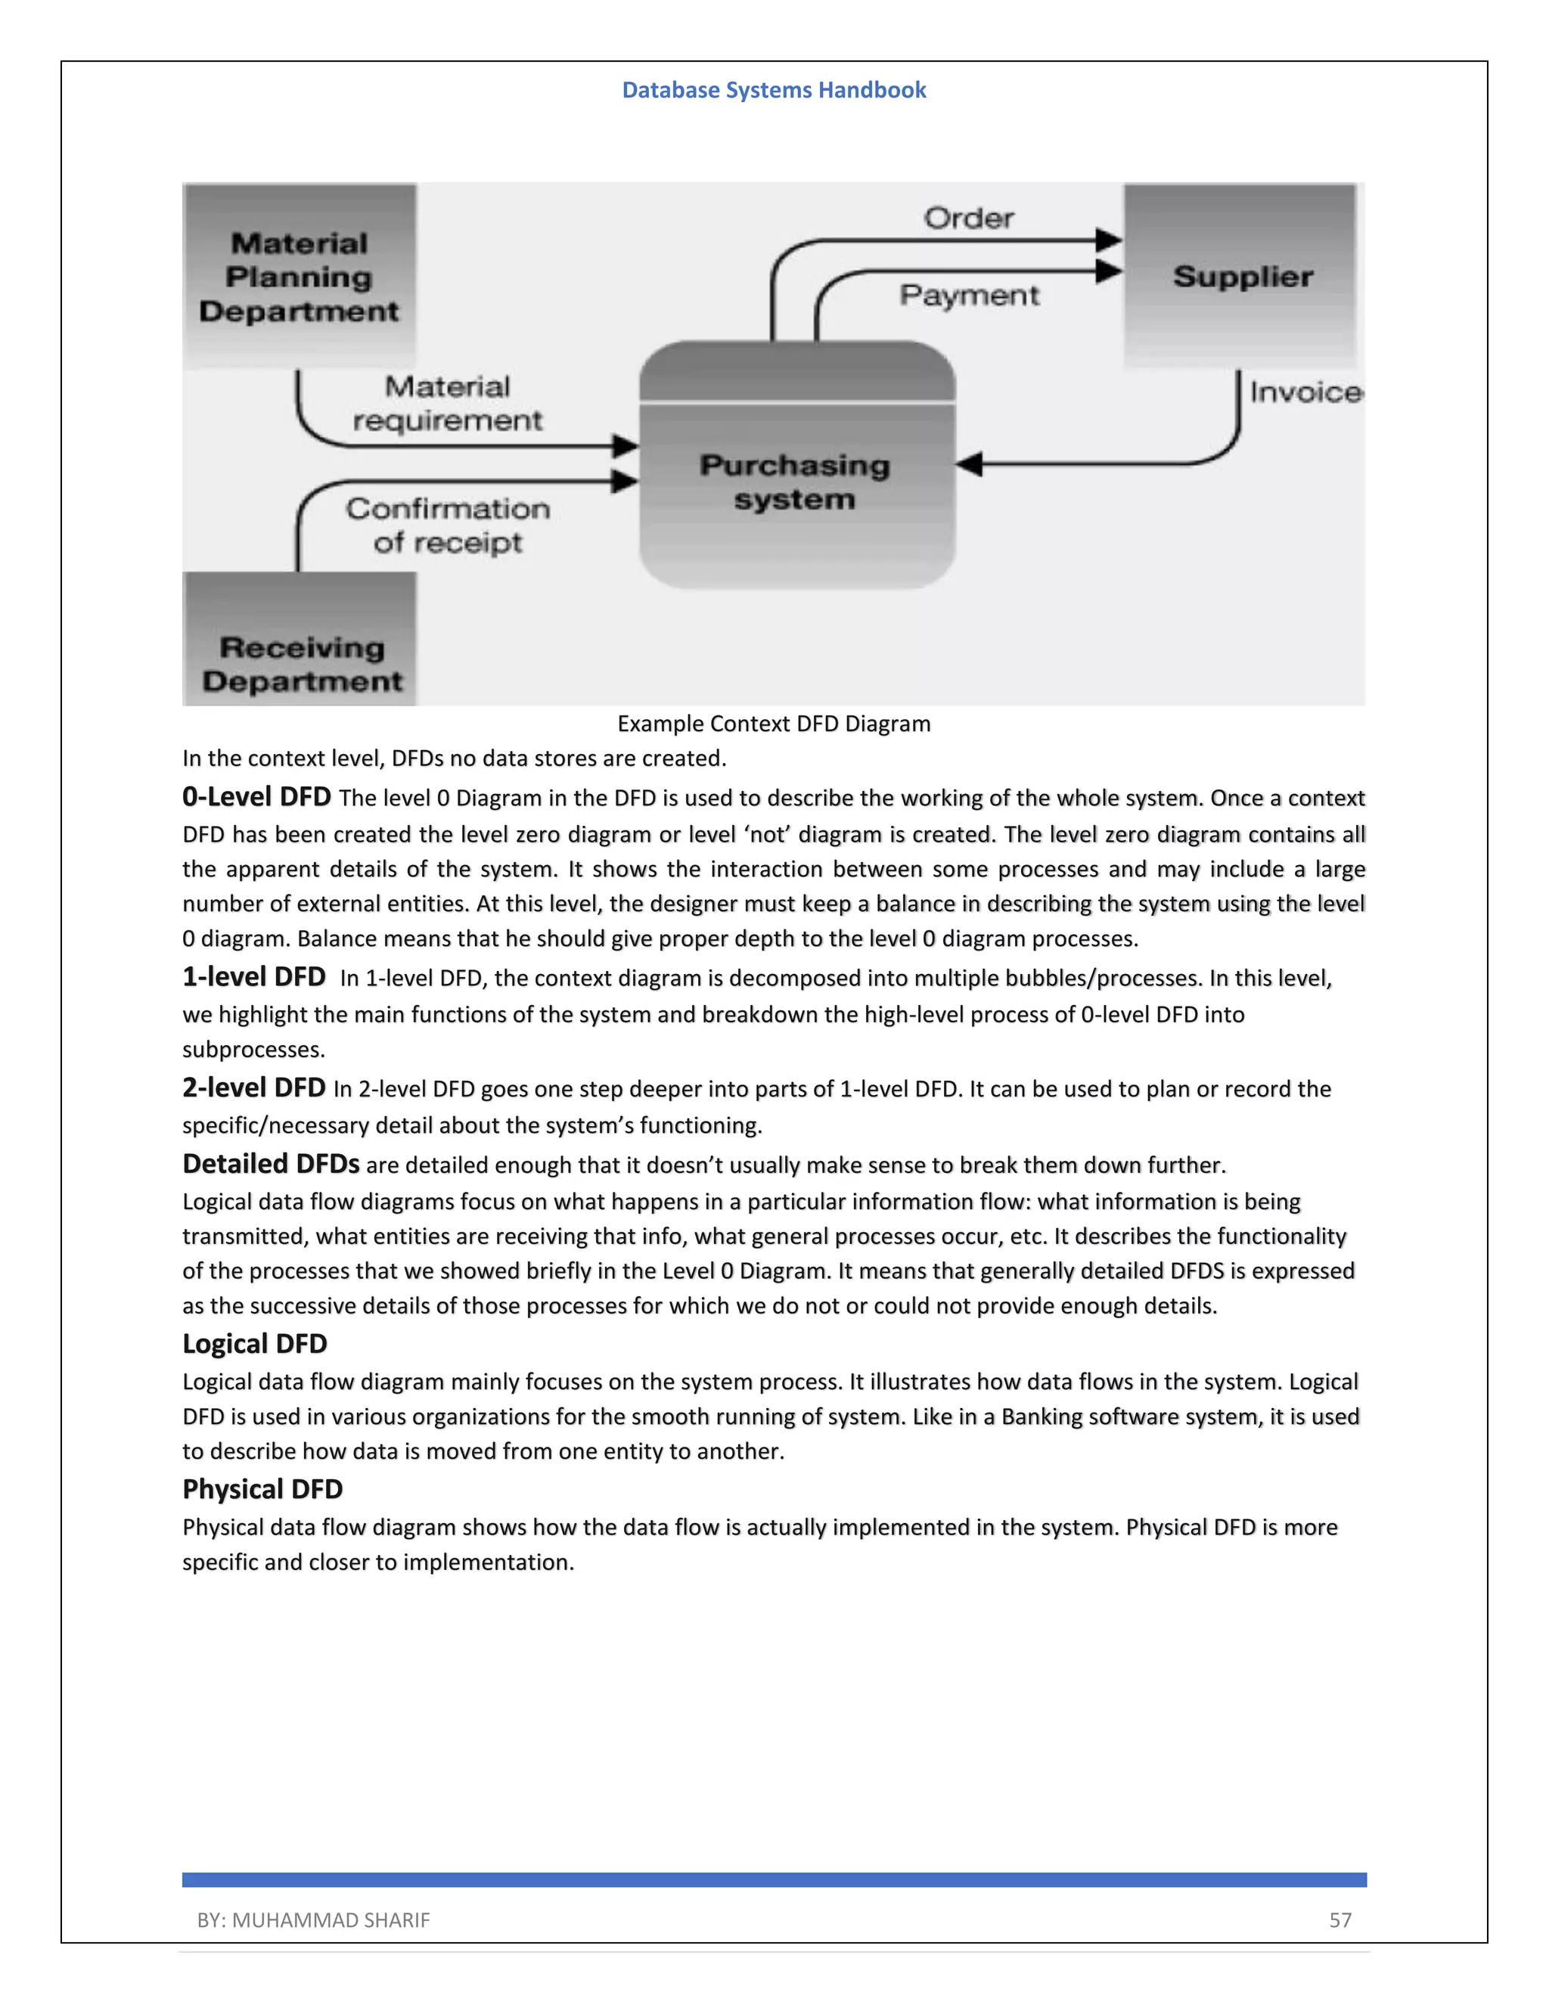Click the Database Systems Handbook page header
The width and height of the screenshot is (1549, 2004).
click(774, 90)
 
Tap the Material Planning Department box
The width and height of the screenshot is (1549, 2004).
click(300, 276)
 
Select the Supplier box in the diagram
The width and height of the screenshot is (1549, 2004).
click(1240, 276)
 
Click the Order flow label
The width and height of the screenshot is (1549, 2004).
click(968, 219)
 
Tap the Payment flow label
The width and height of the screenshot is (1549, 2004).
click(969, 296)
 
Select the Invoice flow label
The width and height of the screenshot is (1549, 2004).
click(1305, 392)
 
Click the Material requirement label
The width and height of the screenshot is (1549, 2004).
click(447, 404)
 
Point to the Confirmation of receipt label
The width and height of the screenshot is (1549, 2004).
click(447, 525)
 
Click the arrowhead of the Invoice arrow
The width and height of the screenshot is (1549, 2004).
click(969, 464)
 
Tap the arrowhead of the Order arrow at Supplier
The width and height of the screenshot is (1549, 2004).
click(1109, 240)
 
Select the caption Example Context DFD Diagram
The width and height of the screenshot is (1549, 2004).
click(774, 724)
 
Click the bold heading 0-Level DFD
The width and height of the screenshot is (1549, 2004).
click(256, 796)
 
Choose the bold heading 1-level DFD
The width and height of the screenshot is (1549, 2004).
click(253, 976)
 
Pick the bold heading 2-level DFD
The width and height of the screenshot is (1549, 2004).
click(253, 1087)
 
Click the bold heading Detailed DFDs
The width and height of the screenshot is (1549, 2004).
click(271, 1164)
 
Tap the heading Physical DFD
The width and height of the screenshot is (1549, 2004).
click(262, 1488)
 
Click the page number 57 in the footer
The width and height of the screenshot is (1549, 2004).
click(1339, 1919)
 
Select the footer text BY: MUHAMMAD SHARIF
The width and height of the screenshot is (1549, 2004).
click(313, 1919)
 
